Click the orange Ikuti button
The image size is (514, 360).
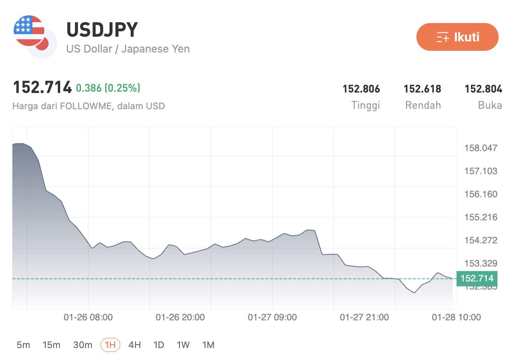point(457,37)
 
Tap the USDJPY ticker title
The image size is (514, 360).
point(102,30)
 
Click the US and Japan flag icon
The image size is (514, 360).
point(34,36)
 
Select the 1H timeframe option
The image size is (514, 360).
point(110,345)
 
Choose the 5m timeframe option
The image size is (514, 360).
point(23,345)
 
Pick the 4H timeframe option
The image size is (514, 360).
point(135,345)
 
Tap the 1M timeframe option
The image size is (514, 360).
point(208,345)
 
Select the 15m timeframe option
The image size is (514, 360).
point(52,345)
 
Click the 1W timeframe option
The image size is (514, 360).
point(183,345)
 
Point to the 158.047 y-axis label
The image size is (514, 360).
point(481,148)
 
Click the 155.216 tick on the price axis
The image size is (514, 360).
point(481,217)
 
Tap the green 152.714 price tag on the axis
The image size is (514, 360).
point(477,279)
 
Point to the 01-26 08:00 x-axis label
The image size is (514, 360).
point(88,317)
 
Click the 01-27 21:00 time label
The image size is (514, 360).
point(364,317)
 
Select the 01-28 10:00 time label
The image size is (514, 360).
point(456,317)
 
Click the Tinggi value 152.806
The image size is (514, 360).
point(361,89)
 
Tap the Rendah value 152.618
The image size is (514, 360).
point(422,89)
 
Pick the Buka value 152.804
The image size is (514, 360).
point(483,89)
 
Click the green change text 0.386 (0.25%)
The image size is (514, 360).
point(108,88)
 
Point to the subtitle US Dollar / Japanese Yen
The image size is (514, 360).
point(128,49)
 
